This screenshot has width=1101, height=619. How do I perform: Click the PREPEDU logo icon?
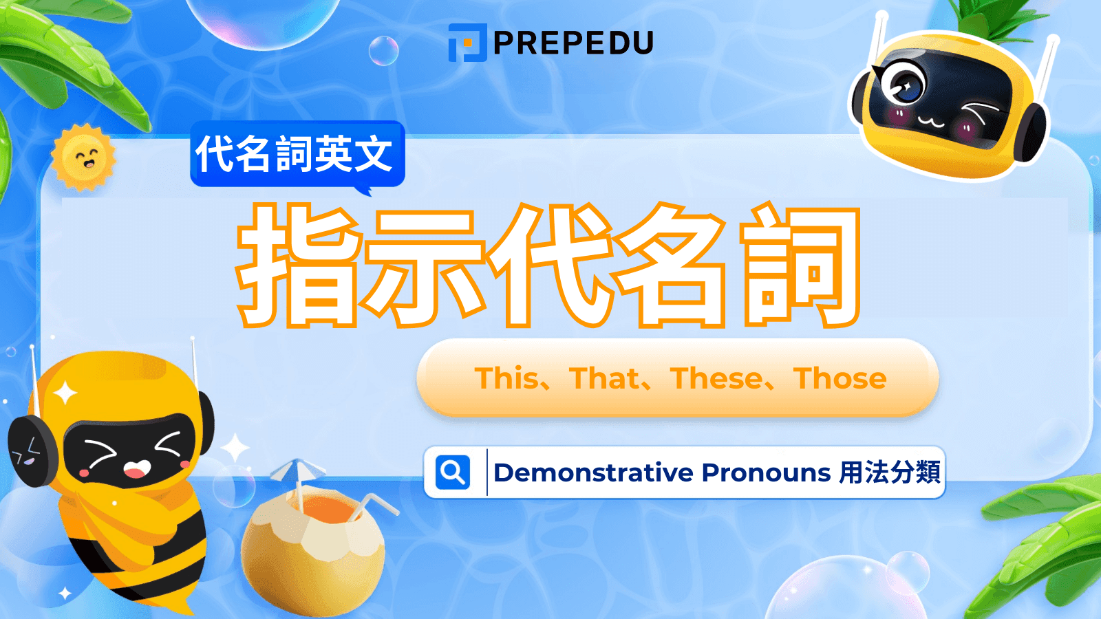(468, 43)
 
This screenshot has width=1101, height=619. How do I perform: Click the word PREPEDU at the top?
(573, 43)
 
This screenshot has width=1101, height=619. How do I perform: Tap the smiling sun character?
(83, 158)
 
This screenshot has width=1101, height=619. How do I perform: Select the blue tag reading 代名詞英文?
(297, 153)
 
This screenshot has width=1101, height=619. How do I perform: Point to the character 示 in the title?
(421, 265)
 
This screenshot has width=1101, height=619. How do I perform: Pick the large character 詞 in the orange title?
(800, 265)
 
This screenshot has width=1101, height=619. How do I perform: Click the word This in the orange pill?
(507, 378)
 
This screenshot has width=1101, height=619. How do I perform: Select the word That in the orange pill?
(605, 378)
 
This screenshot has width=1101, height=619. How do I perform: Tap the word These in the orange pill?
(716, 378)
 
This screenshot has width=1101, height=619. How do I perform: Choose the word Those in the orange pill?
(840, 378)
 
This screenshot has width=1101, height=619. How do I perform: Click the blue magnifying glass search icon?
(453, 473)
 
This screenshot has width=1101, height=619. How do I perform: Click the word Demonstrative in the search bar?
(593, 473)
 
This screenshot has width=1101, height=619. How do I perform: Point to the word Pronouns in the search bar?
(766, 473)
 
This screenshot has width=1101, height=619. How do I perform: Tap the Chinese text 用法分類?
(890, 473)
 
